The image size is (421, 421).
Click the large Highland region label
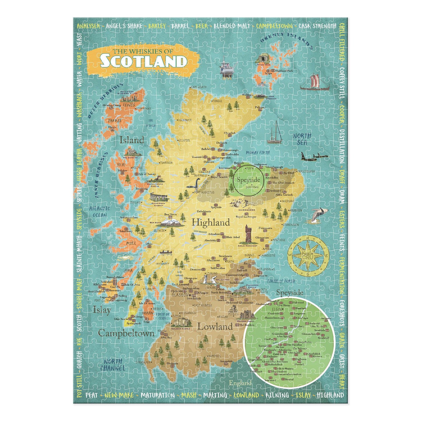[x=211, y=223]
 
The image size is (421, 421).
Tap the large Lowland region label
[x=215, y=327]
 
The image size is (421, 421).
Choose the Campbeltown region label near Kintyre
[x=126, y=333]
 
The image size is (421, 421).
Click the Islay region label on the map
[x=102, y=310]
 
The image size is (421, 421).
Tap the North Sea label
[x=302, y=139]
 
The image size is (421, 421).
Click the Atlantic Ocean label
[x=100, y=212]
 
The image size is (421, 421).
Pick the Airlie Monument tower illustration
[x=248, y=234]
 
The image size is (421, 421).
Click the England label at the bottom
[x=240, y=383]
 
